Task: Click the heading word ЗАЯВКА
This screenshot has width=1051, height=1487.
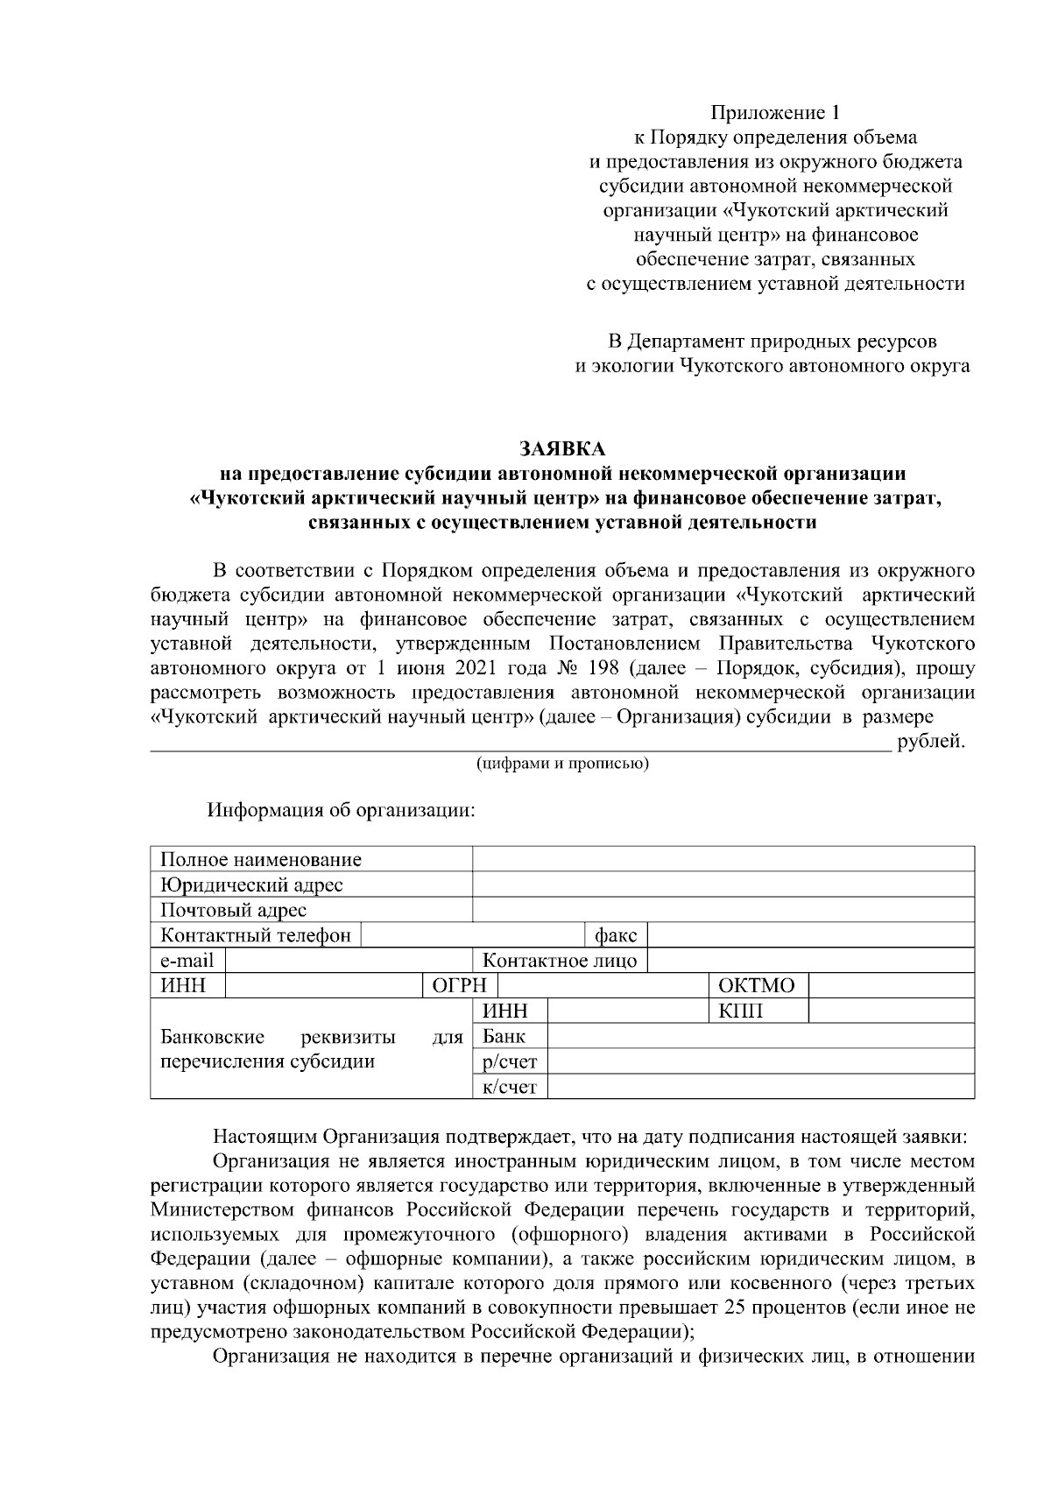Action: click(561, 448)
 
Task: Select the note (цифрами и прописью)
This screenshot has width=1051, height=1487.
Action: click(562, 764)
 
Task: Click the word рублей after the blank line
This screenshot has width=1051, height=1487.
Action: click(931, 742)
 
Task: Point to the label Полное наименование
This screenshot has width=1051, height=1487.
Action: click(261, 859)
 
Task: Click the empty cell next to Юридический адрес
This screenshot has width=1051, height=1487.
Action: click(723, 884)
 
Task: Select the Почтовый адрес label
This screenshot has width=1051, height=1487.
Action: click(233, 910)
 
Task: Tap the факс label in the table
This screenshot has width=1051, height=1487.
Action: click(616, 935)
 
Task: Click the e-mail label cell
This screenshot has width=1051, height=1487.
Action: click(187, 960)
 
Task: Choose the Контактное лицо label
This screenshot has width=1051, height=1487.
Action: click(560, 960)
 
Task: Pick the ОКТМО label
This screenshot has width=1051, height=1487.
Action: click(757, 985)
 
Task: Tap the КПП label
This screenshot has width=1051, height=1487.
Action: click(741, 1011)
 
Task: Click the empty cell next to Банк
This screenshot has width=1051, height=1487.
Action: click(760, 1036)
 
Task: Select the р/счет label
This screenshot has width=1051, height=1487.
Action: click(510, 1061)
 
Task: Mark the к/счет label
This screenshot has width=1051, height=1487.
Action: click(510, 1087)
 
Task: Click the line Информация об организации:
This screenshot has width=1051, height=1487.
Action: click(341, 808)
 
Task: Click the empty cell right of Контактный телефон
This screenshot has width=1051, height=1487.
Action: click(473, 935)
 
